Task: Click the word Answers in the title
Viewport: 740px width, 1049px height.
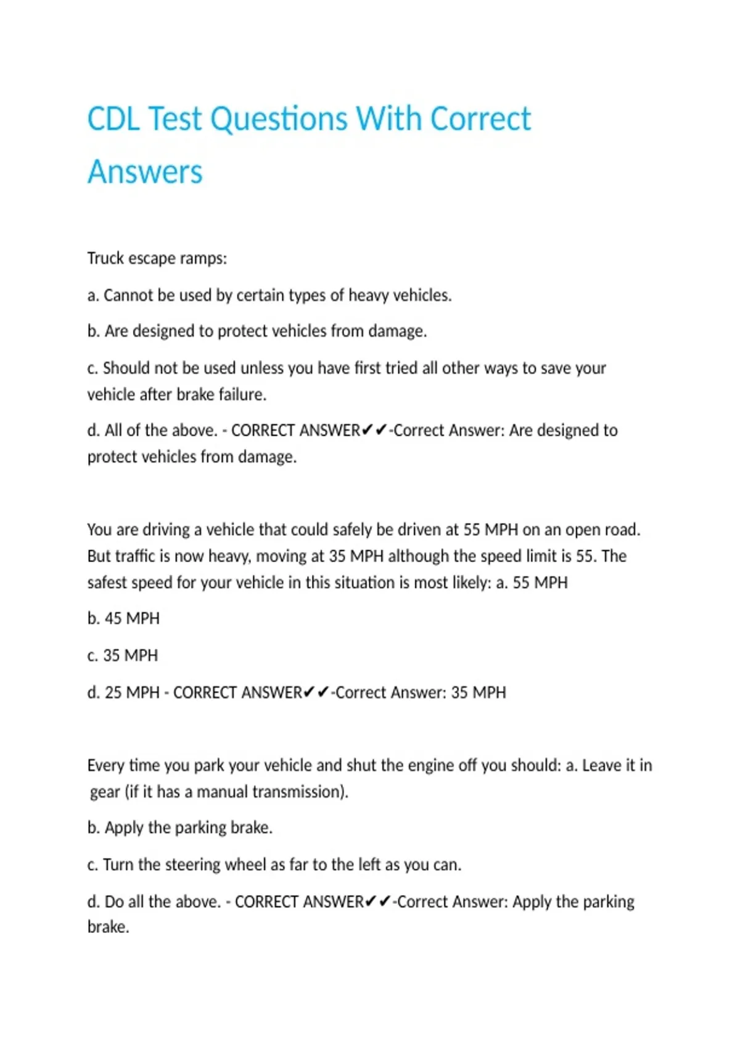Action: click(145, 172)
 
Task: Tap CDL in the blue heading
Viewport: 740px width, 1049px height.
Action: click(113, 118)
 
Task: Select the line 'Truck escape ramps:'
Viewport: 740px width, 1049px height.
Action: click(157, 258)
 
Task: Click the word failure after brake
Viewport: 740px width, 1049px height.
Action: click(242, 394)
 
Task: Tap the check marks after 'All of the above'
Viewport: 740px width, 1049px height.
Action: click(374, 429)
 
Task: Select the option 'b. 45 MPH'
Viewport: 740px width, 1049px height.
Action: click(123, 618)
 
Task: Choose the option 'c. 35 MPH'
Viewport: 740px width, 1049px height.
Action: click(123, 655)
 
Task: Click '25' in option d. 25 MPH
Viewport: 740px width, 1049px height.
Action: click(113, 692)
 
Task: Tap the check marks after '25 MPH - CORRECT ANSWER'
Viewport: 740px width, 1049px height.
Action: click(316, 692)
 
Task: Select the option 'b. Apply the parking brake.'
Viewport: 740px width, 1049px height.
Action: click(180, 827)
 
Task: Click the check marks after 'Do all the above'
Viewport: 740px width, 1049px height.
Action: click(378, 902)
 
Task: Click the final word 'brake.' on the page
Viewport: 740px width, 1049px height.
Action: click(108, 927)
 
